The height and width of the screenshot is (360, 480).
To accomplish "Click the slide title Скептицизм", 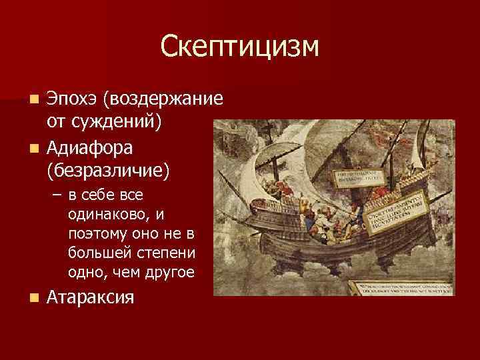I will [x=240, y=47].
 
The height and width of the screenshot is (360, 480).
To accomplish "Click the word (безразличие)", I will [x=108, y=169].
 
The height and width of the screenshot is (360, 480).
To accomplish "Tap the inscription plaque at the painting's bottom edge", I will [x=403, y=287].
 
